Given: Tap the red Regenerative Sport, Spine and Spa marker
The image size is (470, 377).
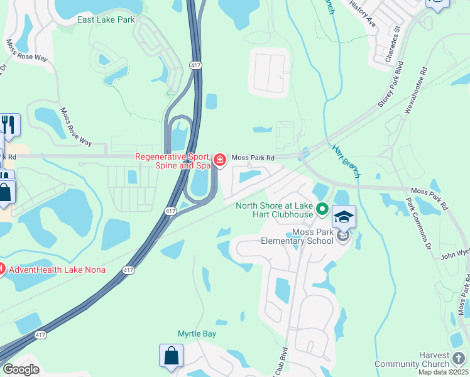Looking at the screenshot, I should [x=220, y=160].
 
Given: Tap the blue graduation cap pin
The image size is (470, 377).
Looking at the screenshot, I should [x=344, y=217].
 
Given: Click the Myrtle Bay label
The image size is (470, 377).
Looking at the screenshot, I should [x=197, y=334].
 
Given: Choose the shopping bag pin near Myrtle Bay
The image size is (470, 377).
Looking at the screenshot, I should [x=171, y=356].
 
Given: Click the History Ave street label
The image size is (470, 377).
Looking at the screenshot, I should [x=362, y=14].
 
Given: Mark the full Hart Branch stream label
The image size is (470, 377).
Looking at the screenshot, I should [x=346, y=159].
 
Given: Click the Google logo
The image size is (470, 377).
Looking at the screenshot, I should [x=21, y=369].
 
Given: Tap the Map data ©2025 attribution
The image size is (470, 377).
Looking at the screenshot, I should [x=444, y=372].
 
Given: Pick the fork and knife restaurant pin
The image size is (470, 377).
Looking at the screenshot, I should [x=9, y=124].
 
